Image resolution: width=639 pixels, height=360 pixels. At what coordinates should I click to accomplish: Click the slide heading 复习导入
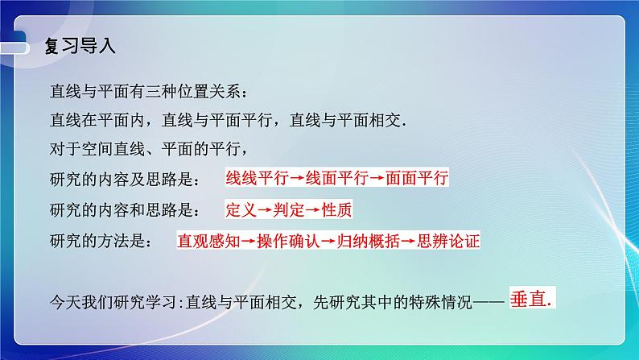pos(80,46)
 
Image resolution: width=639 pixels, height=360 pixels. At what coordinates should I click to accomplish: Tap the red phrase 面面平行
pos(416,178)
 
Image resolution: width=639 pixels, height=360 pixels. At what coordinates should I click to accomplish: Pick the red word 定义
pos(241,209)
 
